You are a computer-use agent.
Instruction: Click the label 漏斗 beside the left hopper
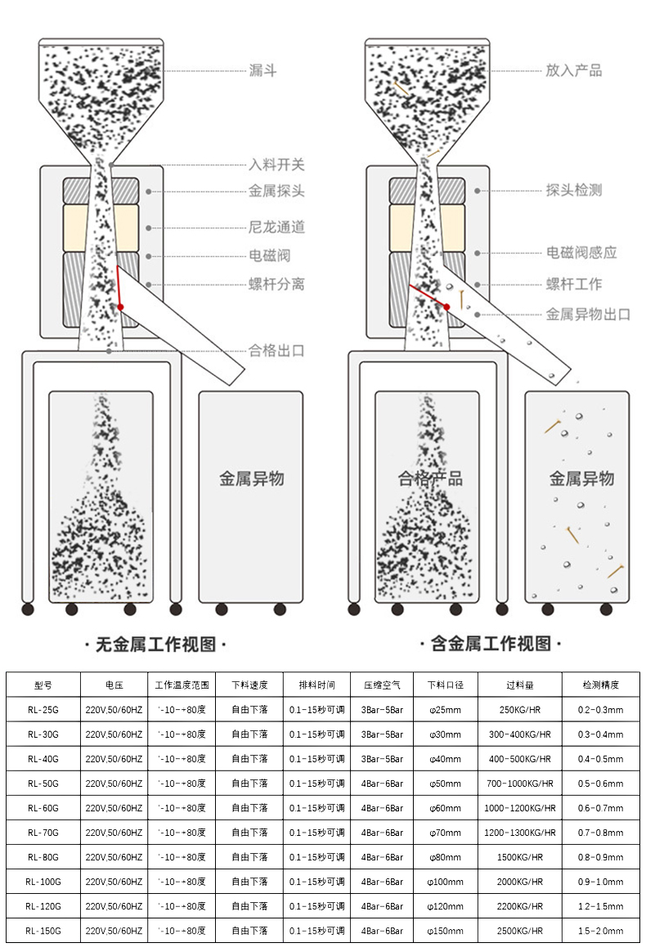(x=262, y=70)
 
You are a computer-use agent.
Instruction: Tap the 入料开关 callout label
(x=276, y=164)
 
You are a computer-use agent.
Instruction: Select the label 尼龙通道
(x=276, y=227)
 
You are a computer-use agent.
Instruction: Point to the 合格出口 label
(x=276, y=351)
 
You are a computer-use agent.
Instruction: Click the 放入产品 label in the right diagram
(x=573, y=70)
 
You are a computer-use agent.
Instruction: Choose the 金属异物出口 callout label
(x=588, y=313)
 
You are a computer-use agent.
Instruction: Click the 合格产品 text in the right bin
(x=430, y=478)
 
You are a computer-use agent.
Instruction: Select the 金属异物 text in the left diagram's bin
(x=251, y=478)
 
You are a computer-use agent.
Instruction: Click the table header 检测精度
(x=600, y=685)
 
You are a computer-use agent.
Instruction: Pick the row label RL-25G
(x=43, y=710)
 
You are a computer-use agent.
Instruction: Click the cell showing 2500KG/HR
(x=520, y=931)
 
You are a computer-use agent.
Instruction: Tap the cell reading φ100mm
(x=445, y=882)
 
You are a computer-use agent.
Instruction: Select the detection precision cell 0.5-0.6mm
(x=600, y=784)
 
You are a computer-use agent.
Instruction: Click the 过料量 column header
(x=520, y=685)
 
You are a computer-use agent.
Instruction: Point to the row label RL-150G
(x=43, y=931)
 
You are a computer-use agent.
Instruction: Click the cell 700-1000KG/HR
(x=520, y=784)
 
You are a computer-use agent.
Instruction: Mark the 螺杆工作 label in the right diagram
(x=573, y=284)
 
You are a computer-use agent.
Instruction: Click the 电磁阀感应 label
(x=581, y=252)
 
